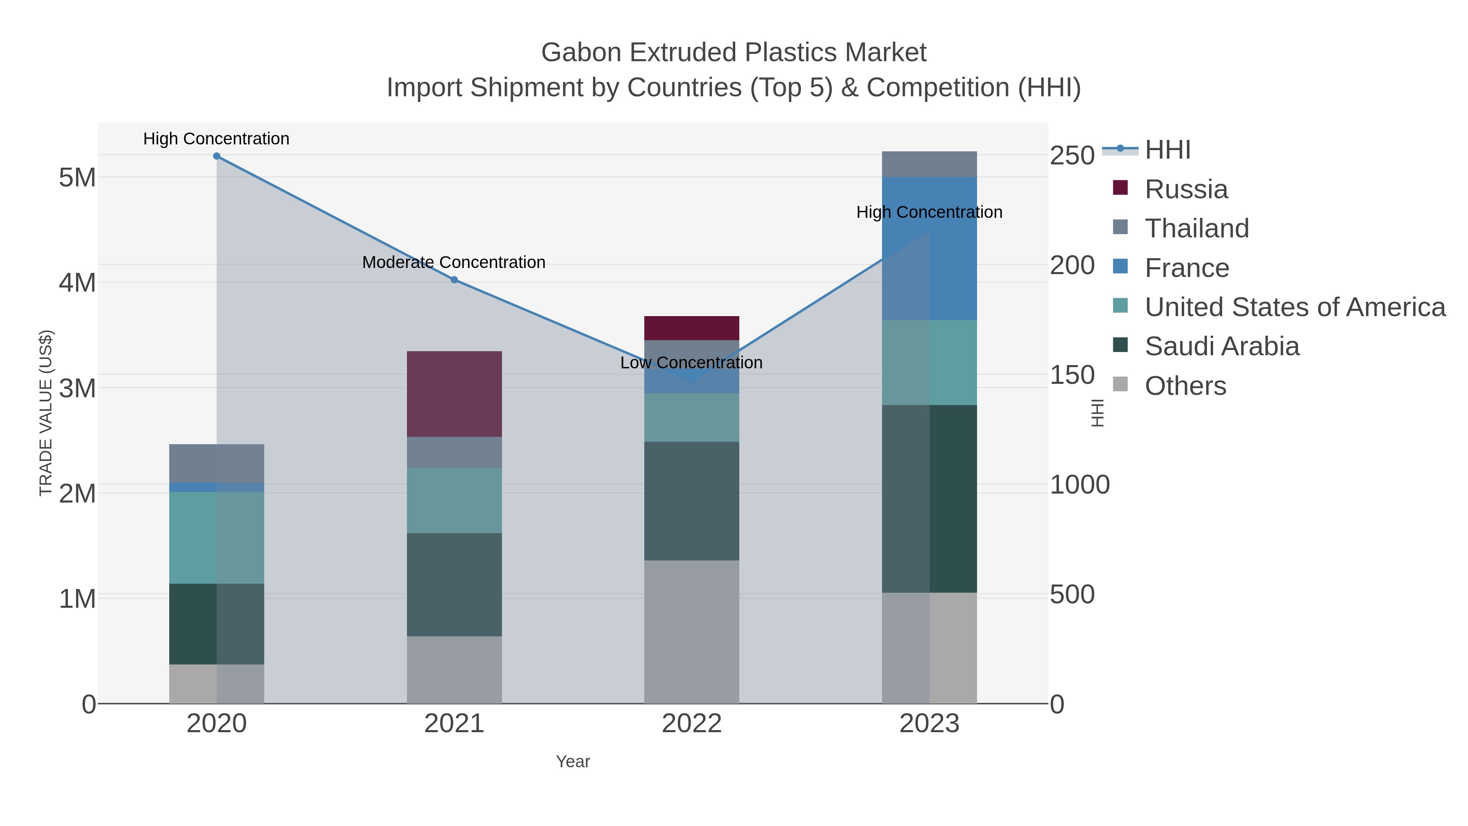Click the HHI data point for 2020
click(x=217, y=156)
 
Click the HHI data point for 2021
click(x=454, y=280)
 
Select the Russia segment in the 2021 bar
click(x=454, y=394)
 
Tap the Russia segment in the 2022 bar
click(x=691, y=328)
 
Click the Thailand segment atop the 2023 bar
click(x=929, y=164)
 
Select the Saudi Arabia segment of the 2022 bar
click(x=691, y=501)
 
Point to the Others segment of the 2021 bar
click(x=454, y=670)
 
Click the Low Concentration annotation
click(x=691, y=363)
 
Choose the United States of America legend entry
click(x=1294, y=307)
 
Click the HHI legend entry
click(x=1167, y=150)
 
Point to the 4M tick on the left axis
click(x=77, y=283)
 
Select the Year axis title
click(x=573, y=762)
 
